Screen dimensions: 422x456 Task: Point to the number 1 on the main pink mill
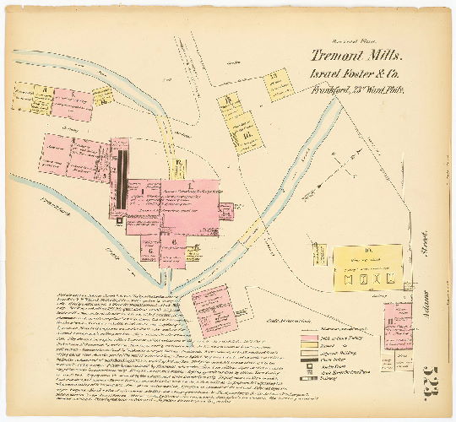click(191, 185)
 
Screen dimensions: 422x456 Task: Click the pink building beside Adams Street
click(396, 325)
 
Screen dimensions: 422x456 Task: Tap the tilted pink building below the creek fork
click(211, 309)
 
